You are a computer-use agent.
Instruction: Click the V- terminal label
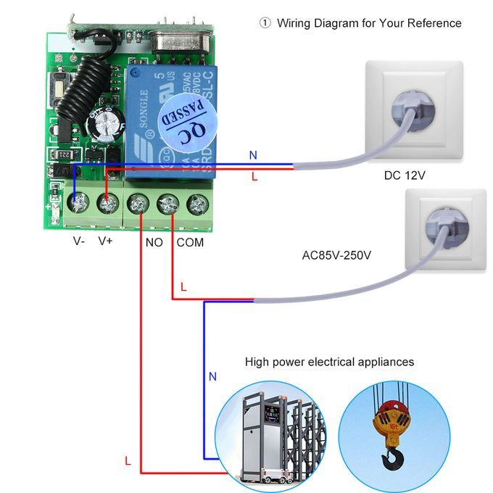(x=79, y=241)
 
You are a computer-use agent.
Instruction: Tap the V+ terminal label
(x=106, y=241)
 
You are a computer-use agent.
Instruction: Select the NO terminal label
(x=154, y=242)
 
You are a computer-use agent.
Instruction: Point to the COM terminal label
(x=190, y=242)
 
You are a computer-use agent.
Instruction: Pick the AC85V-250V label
(x=336, y=255)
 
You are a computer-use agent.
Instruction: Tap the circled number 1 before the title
(x=265, y=23)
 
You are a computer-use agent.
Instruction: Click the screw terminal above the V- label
(x=75, y=204)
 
